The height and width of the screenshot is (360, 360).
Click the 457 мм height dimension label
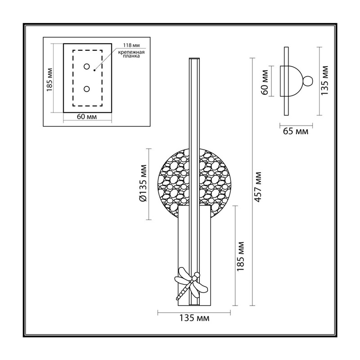point(258,187)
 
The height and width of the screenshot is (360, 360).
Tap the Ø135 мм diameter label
point(143,183)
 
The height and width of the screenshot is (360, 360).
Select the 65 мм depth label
point(296,131)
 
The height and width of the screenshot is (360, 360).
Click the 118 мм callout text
point(131,45)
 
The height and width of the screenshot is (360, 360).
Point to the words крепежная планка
point(131,54)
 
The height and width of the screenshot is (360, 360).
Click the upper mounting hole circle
point(87,67)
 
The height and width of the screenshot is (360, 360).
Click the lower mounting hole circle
point(87,89)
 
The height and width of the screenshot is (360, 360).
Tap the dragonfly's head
point(197,274)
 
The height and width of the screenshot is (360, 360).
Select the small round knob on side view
point(307,81)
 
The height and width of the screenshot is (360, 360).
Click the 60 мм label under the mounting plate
point(87,117)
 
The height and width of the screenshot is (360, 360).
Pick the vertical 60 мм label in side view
point(265,82)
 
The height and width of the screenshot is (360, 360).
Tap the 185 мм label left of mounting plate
point(49,80)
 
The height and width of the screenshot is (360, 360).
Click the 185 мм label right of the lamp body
point(240,256)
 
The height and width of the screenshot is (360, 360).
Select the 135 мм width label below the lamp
point(194,318)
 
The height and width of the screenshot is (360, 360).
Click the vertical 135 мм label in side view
point(324,81)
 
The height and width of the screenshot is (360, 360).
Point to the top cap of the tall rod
point(194,58)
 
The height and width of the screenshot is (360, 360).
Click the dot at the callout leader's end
point(94,70)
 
